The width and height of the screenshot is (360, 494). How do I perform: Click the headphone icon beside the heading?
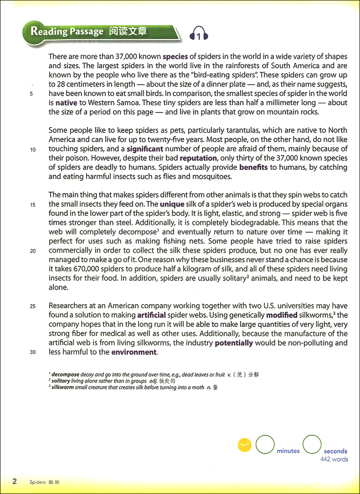click(x=199, y=33)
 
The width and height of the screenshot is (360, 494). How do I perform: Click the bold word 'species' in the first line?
click(x=175, y=57)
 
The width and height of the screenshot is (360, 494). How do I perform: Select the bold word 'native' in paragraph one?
click(x=66, y=103)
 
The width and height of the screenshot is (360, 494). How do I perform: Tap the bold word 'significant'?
click(x=145, y=149)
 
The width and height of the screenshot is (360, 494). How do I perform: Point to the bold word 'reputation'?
click(x=198, y=158)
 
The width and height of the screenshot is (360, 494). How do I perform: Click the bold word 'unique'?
click(x=172, y=204)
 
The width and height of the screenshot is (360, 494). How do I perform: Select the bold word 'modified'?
click(x=282, y=315)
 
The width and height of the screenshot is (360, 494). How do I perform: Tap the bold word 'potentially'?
click(x=234, y=343)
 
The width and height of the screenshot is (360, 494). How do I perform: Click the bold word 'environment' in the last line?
click(x=134, y=352)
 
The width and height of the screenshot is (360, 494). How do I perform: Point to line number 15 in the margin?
click(x=33, y=205)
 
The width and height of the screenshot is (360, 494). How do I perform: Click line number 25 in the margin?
click(x=33, y=306)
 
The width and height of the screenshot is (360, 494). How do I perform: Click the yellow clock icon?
click(x=245, y=445)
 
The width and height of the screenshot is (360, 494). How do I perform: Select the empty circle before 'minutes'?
click(x=265, y=445)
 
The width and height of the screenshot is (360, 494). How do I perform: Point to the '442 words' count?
click(x=334, y=459)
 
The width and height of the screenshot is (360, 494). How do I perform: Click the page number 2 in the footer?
click(x=15, y=481)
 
